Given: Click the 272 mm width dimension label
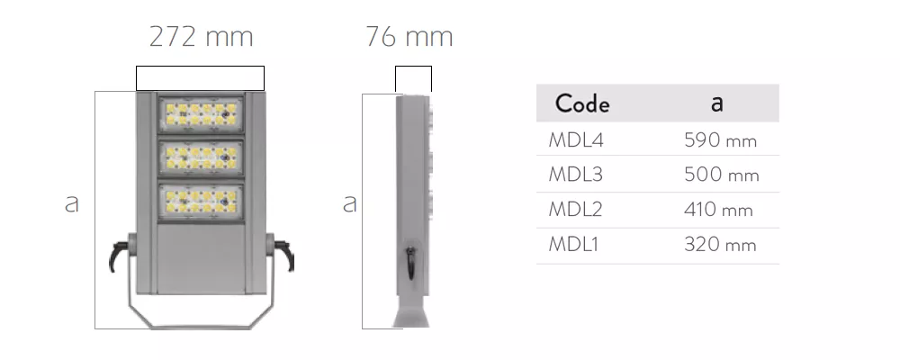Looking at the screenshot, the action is pos(201,36).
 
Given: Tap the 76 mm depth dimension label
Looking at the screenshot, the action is pos(409,36).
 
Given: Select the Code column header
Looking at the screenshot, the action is pos(582,103).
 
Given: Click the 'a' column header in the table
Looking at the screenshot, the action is pos(717,103).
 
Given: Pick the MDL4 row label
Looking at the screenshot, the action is pos(576,140).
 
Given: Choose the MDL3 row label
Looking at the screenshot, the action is pos(576,174).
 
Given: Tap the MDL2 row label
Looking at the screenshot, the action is pos(576,209).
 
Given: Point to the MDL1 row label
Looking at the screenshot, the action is pos(573,244).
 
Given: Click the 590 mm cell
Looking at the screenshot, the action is pos(720,140).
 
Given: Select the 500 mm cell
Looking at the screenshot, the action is pos(722,174).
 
